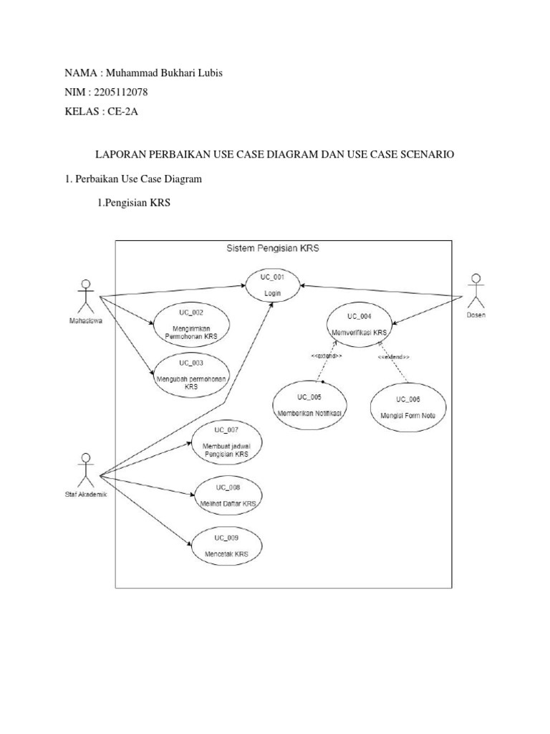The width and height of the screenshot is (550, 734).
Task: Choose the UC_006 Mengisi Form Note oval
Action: coord(407,407)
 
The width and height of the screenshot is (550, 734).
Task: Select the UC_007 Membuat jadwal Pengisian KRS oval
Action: coord(226,442)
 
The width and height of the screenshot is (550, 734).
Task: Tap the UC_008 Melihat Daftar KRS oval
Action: coord(228,495)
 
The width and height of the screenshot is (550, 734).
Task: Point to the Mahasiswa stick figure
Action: coord(85,295)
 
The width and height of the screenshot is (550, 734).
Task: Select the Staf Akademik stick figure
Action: coord(86,470)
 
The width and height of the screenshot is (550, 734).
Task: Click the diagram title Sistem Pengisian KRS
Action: coord(273,249)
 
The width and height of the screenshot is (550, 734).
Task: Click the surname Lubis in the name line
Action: coord(207,74)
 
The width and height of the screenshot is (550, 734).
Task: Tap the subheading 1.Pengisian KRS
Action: coord(134,203)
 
